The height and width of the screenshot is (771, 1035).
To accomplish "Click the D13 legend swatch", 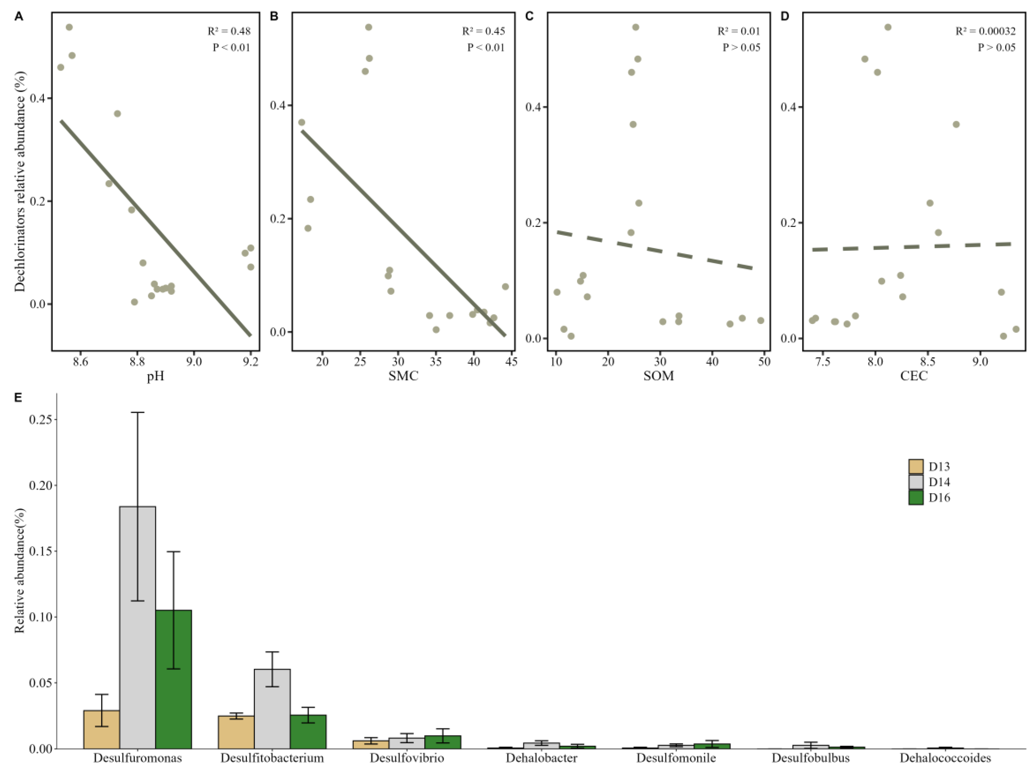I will click(916, 467).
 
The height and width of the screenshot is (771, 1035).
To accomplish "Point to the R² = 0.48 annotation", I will click(229, 31).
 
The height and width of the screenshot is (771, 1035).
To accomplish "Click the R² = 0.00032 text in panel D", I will click(986, 31).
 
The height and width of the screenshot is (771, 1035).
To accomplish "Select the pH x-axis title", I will click(156, 376).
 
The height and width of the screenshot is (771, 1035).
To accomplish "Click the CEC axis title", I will click(913, 376).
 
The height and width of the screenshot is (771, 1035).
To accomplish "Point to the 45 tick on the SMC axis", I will click(511, 362).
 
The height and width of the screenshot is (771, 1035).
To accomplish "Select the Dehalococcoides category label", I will click(945, 758).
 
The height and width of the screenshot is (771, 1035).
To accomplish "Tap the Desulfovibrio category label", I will click(406, 758).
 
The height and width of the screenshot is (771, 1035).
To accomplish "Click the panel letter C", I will click(529, 17).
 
